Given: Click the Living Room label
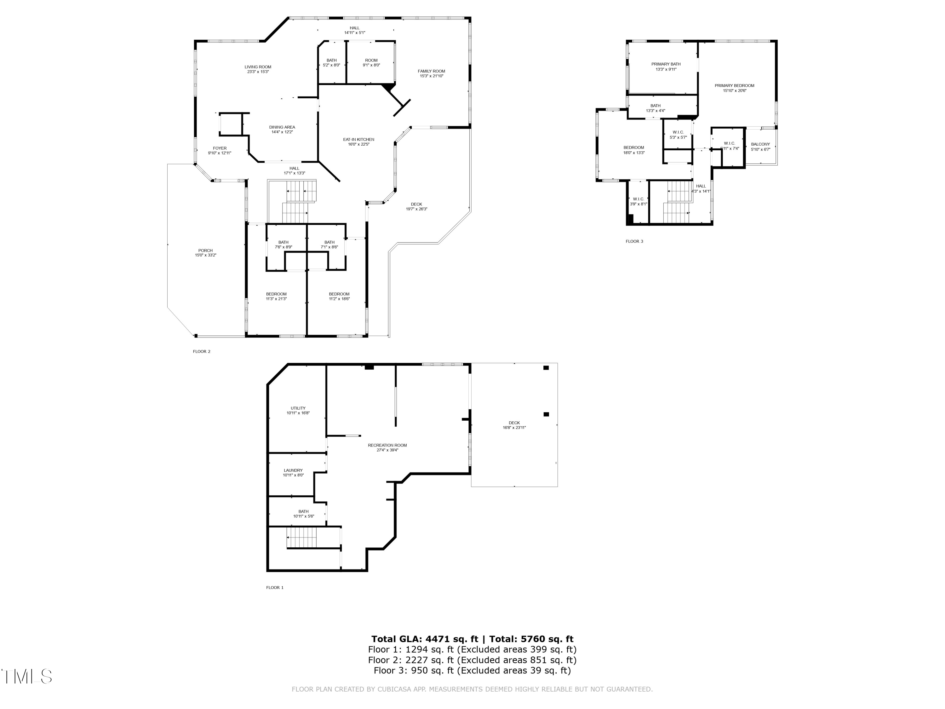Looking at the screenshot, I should [x=258, y=67].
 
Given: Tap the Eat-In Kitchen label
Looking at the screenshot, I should [x=358, y=140].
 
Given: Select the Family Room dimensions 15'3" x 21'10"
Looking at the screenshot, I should [x=432, y=76].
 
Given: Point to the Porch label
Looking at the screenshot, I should [x=205, y=251].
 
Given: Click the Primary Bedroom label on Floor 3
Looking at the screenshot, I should [x=734, y=85].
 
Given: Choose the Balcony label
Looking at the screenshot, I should [x=760, y=144].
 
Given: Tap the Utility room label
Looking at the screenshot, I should [x=298, y=408].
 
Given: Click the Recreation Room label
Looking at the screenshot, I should [x=387, y=445].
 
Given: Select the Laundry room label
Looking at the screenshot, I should [x=293, y=470].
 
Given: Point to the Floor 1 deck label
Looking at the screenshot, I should [x=514, y=423].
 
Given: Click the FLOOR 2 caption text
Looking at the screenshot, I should [x=202, y=351].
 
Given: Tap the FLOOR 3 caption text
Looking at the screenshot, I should [x=634, y=241].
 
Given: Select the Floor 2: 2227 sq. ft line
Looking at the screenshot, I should [x=472, y=660].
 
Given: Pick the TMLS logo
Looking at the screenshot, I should [x=26, y=677].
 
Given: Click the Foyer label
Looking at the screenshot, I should [x=220, y=148].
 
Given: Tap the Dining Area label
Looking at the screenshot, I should [x=282, y=127].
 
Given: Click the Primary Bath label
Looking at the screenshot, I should [x=666, y=64].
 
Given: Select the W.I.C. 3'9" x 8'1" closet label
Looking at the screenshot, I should [x=638, y=199].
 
